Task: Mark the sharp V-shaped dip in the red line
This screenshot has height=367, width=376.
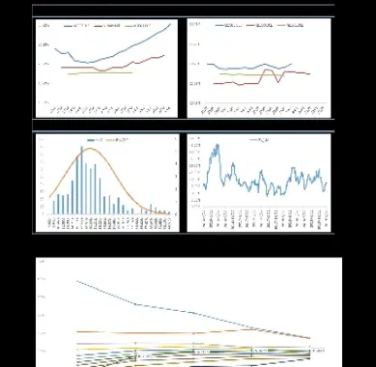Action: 280,80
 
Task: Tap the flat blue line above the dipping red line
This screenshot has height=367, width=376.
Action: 242,69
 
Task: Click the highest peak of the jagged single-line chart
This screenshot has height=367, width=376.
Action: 215,146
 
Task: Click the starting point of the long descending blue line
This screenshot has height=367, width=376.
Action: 76,281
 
